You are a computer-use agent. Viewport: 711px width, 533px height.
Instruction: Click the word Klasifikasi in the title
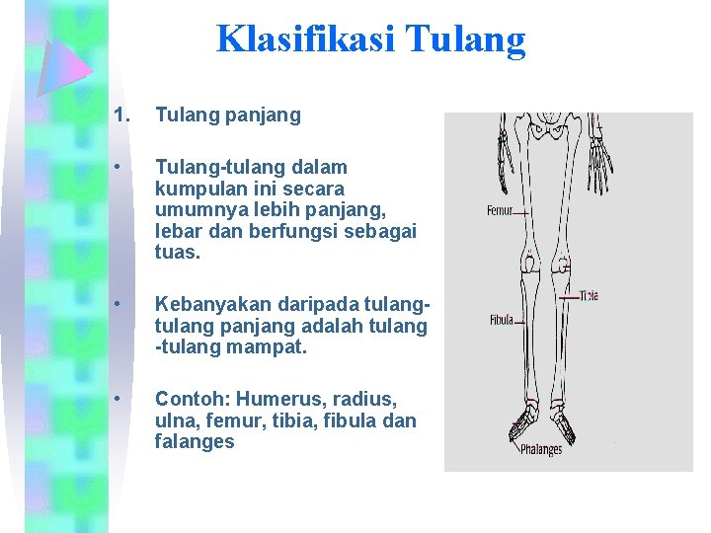click(x=292, y=38)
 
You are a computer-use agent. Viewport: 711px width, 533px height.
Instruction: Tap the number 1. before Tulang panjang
click(x=121, y=115)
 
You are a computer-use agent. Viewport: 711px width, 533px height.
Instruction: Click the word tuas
click(x=175, y=252)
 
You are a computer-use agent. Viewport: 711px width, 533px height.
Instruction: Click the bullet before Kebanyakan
click(x=118, y=305)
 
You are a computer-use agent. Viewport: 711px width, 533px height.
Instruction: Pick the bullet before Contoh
click(x=118, y=399)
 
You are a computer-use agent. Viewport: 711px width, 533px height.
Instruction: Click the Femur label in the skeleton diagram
click(x=501, y=210)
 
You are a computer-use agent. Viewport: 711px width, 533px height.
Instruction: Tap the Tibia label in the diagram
click(x=589, y=295)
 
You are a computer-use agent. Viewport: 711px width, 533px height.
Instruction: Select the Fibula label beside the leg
click(x=502, y=320)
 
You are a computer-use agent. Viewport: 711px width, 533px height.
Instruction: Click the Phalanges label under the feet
click(x=540, y=450)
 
